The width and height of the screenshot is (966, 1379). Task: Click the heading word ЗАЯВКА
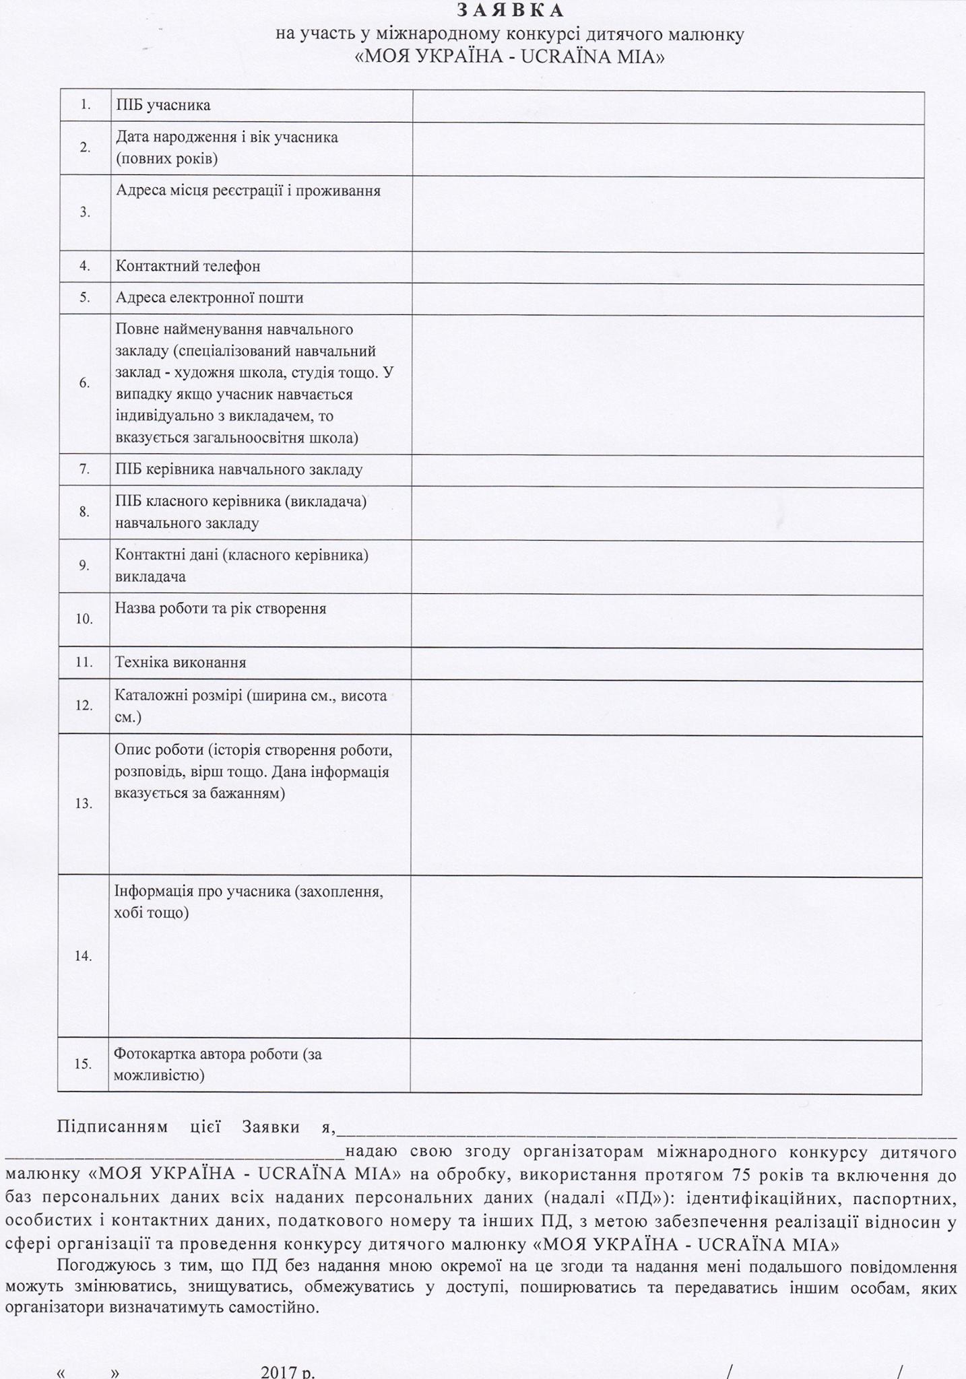[x=510, y=10]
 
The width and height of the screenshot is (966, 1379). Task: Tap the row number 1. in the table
[x=85, y=105]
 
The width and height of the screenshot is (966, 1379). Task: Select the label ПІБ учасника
[x=163, y=105]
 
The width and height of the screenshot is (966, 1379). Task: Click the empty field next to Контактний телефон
[x=667, y=267]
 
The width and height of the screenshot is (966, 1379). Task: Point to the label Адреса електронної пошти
[x=210, y=298]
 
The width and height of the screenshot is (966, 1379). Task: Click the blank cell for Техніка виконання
[x=666, y=663]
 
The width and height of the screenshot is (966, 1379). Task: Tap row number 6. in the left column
[x=84, y=383]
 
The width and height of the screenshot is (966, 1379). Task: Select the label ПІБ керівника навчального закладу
[x=238, y=469]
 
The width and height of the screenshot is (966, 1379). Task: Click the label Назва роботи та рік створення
[x=220, y=609]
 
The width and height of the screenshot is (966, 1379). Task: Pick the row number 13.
[x=84, y=803]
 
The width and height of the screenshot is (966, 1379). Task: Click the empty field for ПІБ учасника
[x=668, y=106]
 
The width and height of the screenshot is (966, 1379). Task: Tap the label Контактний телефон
[x=188, y=266]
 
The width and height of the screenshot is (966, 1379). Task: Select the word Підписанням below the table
[x=112, y=1127]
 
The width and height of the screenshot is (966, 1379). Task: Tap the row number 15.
[x=83, y=1064]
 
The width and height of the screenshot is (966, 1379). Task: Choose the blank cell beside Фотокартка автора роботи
[x=666, y=1065]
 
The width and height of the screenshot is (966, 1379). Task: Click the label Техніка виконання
[x=180, y=663]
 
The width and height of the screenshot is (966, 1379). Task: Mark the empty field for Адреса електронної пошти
[x=667, y=298]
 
